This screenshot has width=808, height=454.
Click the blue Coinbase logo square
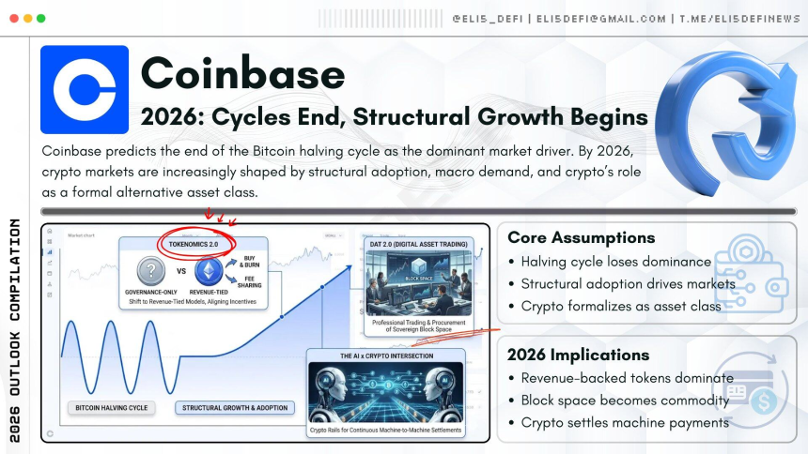point(85,89)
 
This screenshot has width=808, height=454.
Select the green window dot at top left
point(40,19)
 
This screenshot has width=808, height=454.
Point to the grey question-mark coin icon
point(151,272)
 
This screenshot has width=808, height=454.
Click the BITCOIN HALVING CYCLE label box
point(111,408)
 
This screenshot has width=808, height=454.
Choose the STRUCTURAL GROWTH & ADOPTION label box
point(235,408)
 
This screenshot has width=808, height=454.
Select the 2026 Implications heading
point(578,355)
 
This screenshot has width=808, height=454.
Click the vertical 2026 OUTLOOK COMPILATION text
point(14,329)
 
